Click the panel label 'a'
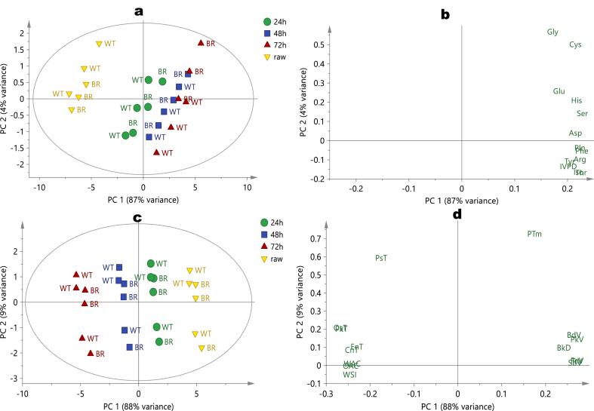coord(138,10)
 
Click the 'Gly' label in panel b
coord(552,32)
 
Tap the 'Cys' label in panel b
coord(575,45)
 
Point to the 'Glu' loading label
coord(559,91)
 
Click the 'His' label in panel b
coord(577,100)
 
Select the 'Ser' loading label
coord(582,114)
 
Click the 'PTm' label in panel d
coord(534,234)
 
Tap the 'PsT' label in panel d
coord(381,258)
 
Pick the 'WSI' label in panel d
coord(349,374)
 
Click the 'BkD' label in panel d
coord(563,348)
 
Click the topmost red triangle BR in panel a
coord(201,43)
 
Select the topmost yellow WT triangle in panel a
coord(99,44)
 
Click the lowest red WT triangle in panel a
coord(157,152)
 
